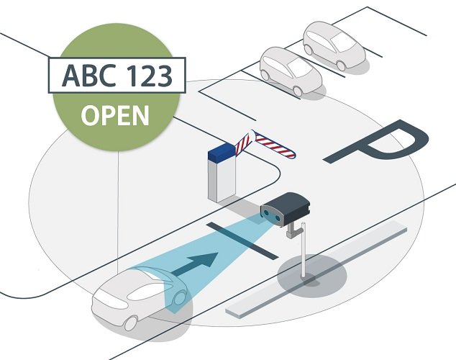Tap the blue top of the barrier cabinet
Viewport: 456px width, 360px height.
pyautogui.click(x=222, y=151)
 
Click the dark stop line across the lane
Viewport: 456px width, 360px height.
pyautogui.click(x=241, y=242)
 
